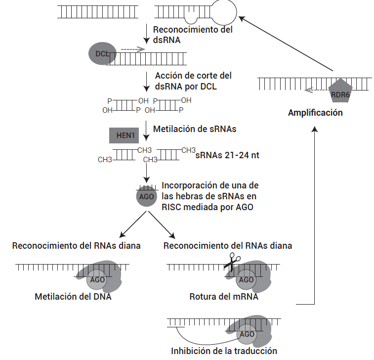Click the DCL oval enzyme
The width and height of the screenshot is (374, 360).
tap(100, 53)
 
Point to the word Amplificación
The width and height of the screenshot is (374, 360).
tap(315, 113)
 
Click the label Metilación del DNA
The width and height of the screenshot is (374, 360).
tap(73, 297)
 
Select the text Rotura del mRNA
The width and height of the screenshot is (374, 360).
tap(224, 297)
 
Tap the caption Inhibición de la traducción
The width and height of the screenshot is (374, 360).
tap(224, 351)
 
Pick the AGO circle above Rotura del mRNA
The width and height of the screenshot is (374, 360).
tap(246, 280)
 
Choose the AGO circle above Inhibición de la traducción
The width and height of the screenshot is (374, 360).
tap(247, 334)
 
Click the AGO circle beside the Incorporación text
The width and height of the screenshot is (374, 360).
tap(146, 196)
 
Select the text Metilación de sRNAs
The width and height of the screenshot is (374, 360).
tap(195, 130)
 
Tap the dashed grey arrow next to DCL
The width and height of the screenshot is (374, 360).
tap(132, 49)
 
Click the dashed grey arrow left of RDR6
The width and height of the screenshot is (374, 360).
tap(316, 90)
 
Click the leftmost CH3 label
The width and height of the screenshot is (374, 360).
tap(105, 160)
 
